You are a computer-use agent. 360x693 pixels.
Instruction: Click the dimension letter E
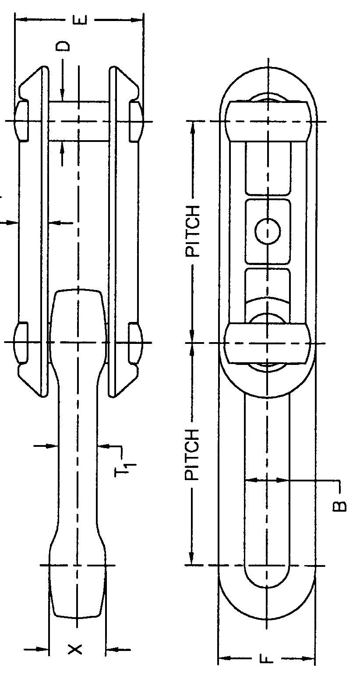coord(81,20)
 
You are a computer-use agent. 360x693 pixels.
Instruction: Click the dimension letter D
coord(64,46)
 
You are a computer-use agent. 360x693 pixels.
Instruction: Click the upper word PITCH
coord(192,230)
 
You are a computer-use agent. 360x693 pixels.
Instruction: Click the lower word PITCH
coord(192,455)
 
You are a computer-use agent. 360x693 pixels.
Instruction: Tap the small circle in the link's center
coord(268,232)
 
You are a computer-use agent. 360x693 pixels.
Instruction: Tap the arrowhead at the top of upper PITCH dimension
coord(191,125)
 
